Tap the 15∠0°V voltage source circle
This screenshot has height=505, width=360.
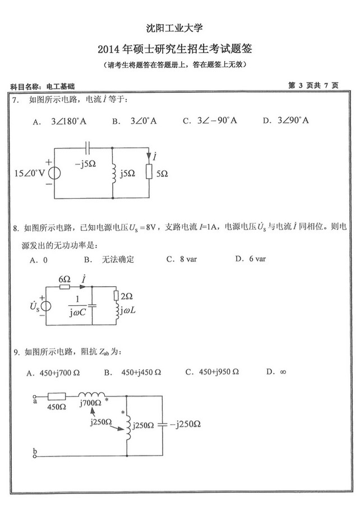click(x=54, y=173)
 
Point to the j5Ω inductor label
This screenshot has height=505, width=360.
click(x=127, y=174)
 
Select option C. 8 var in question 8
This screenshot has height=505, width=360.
click(x=179, y=259)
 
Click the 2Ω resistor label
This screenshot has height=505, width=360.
click(x=127, y=296)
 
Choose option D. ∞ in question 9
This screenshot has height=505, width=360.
click(x=276, y=371)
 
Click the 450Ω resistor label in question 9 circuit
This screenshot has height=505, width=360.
click(x=57, y=407)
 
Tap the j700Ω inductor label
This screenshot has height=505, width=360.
click(x=90, y=403)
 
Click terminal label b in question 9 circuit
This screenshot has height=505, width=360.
click(x=35, y=451)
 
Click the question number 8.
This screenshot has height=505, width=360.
click(x=16, y=228)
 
